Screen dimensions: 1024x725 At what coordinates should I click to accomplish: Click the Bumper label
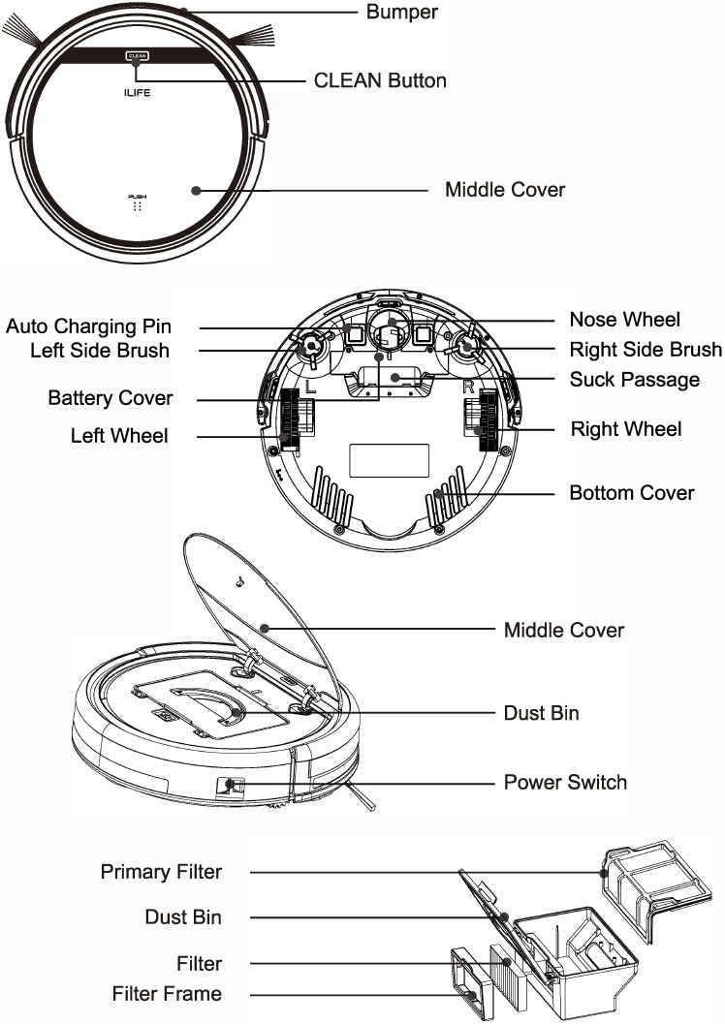pos(402,13)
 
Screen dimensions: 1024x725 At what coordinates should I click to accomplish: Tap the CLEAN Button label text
pos(381,80)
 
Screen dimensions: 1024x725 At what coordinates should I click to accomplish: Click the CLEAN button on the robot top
pos(135,56)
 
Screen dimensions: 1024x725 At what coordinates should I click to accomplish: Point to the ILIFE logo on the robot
pos(136,95)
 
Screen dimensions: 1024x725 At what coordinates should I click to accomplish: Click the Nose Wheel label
pos(624,320)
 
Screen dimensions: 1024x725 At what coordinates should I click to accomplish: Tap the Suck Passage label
pos(634,379)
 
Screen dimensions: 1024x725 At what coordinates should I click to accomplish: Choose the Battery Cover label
pos(110,398)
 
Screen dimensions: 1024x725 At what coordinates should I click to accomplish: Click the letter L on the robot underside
pos(309,386)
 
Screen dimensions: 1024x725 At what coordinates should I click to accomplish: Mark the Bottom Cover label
pos(631,493)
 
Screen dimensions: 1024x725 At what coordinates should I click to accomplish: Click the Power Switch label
pos(565,782)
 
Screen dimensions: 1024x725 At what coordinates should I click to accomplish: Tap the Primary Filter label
pos(161,872)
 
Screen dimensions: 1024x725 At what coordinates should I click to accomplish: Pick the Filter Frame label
pos(167,994)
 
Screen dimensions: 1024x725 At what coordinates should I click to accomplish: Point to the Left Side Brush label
pos(100,350)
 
